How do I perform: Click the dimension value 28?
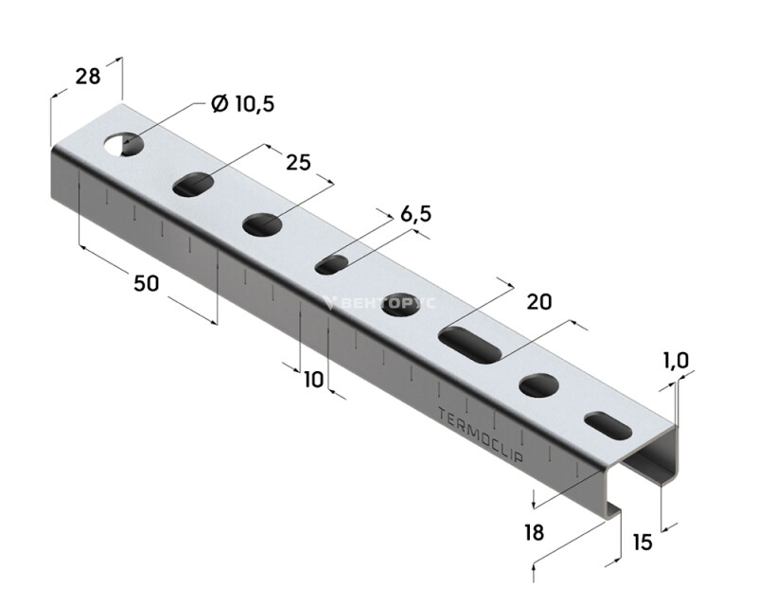click(88, 77)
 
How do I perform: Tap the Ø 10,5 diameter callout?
click(243, 104)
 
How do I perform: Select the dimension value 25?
click(298, 163)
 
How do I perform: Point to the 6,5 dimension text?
click(415, 214)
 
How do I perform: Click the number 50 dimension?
click(146, 283)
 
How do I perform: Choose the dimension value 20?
click(538, 302)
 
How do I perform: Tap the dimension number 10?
click(314, 380)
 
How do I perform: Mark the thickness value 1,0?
click(676, 361)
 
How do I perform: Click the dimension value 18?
click(534, 532)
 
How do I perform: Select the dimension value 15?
click(643, 543)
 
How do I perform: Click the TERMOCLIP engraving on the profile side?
click(481, 434)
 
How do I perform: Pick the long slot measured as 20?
click(469, 345)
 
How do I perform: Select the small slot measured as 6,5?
click(332, 265)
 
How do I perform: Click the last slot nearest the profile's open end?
click(607, 426)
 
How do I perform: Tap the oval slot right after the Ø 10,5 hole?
click(193, 184)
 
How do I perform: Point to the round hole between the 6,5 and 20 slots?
click(400, 305)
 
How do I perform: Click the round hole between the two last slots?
click(538, 385)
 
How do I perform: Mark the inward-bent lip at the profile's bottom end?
click(611, 513)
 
